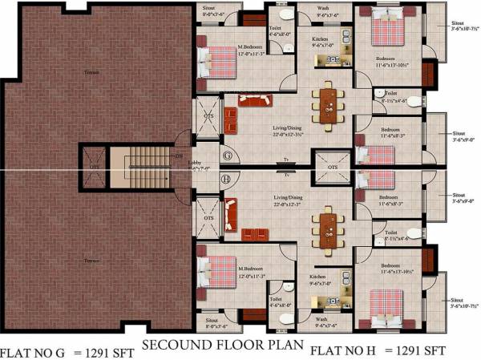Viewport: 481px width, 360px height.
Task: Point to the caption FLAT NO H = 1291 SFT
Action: pos(378,350)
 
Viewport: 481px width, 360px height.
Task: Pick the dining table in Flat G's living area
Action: pos(327,104)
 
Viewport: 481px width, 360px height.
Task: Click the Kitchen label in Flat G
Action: pos(320,38)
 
